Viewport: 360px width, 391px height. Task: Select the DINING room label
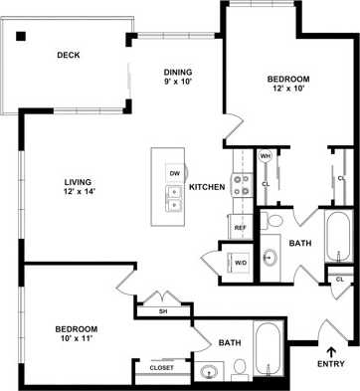(x=178, y=72)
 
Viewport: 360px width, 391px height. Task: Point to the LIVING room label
(x=77, y=182)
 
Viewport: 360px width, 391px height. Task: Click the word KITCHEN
(x=207, y=187)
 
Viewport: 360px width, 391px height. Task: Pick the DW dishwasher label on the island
(x=174, y=174)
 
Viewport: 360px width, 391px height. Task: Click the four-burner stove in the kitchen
(x=240, y=185)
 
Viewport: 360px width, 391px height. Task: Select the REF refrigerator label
(x=240, y=228)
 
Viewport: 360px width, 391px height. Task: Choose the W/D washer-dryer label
(x=241, y=263)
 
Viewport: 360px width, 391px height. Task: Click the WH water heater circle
(x=266, y=156)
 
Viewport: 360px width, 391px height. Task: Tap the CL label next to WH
(x=266, y=183)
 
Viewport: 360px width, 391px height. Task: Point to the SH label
(x=162, y=311)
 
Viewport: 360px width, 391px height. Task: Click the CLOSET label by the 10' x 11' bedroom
(x=162, y=367)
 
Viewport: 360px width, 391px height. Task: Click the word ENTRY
(x=331, y=363)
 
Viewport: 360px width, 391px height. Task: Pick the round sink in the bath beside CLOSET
(x=208, y=374)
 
